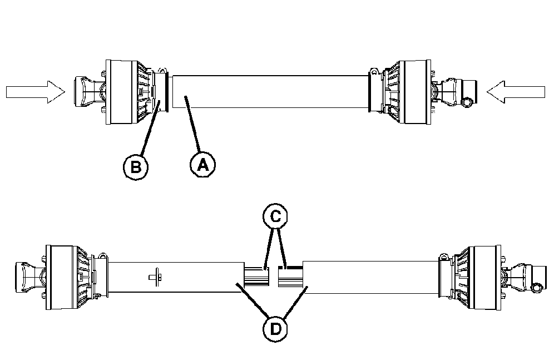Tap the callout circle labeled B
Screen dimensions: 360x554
point(135,165)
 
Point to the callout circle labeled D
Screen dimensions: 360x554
point(275,328)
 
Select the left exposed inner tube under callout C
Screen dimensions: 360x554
point(256,275)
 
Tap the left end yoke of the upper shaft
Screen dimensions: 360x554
point(85,91)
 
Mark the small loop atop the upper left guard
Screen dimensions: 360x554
point(162,71)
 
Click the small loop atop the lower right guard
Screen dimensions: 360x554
point(443,257)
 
